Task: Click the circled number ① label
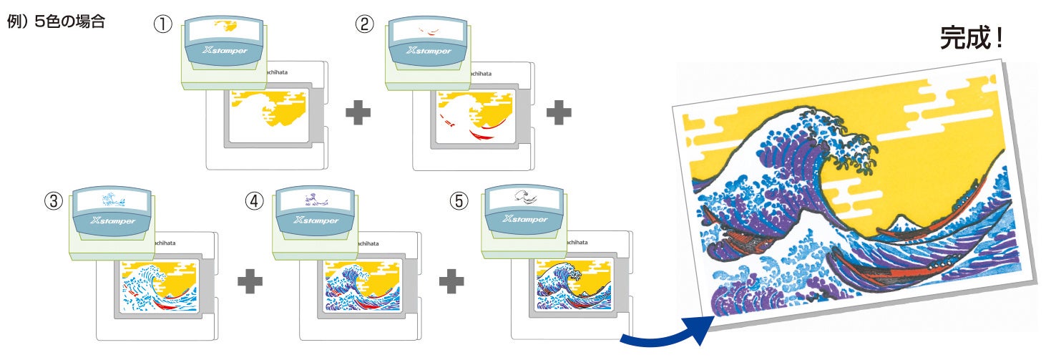(x=163, y=24)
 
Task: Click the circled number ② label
(x=365, y=24)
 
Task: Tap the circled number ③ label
(x=52, y=201)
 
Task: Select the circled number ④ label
(x=254, y=201)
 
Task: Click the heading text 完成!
(x=971, y=39)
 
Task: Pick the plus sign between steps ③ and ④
(x=250, y=281)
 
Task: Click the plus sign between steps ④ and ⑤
(x=451, y=281)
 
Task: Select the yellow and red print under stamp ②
(x=472, y=115)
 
